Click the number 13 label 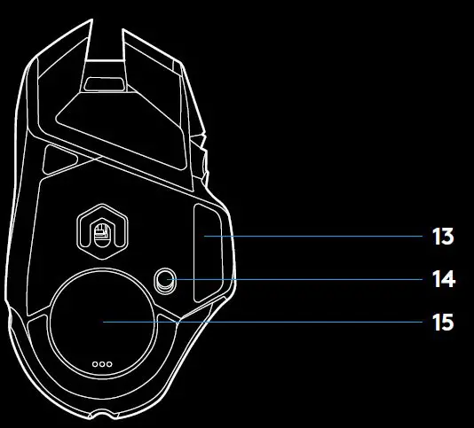(x=443, y=237)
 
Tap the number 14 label (x=444, y=279)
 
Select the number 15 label (x=443, y=323)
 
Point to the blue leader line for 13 (x=313, y=236)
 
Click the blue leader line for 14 (x=295, y=279)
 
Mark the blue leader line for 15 (x=263, y=322)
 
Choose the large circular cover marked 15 (x=103, y=323)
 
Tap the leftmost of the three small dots (x=95, y=364)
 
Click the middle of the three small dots (x=102, y=364)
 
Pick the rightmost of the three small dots (x=109, y=364)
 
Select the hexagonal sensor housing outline (x=102, y=206)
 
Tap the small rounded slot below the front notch (x=104, y=84)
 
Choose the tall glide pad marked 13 (x=209, y=253)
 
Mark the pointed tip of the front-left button (x=91, y=20)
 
